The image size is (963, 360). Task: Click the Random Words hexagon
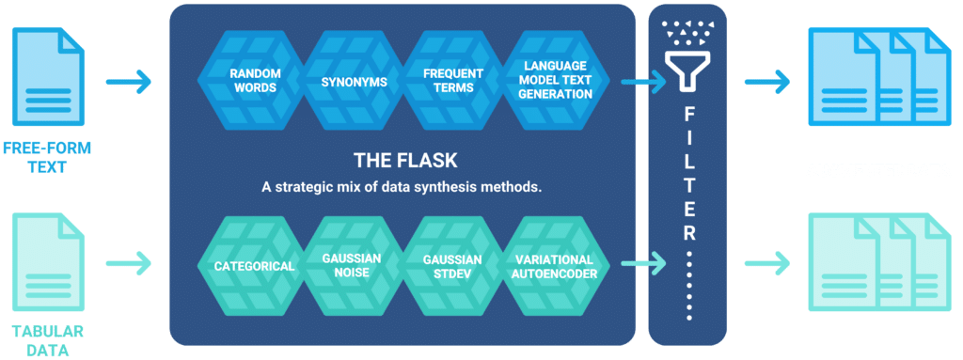(251, 82)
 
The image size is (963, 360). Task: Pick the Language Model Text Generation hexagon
(556, 82)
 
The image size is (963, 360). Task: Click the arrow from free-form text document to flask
(128, 83)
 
